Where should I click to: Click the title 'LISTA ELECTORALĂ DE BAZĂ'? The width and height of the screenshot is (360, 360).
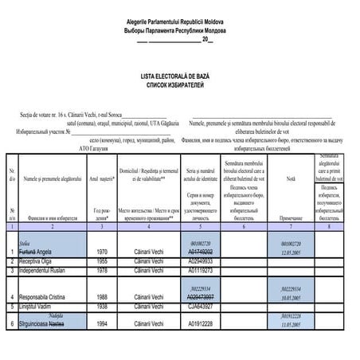coord(179,73)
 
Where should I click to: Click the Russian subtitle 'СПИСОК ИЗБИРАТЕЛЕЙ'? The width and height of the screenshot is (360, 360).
coord(179,82)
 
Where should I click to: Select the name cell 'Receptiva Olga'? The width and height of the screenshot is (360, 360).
coord(39,260)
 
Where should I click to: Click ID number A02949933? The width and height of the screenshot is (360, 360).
coord(206,260)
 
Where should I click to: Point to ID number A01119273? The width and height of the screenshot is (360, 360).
coord(206,270)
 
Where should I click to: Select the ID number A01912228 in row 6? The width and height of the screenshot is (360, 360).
coord(206,324)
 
